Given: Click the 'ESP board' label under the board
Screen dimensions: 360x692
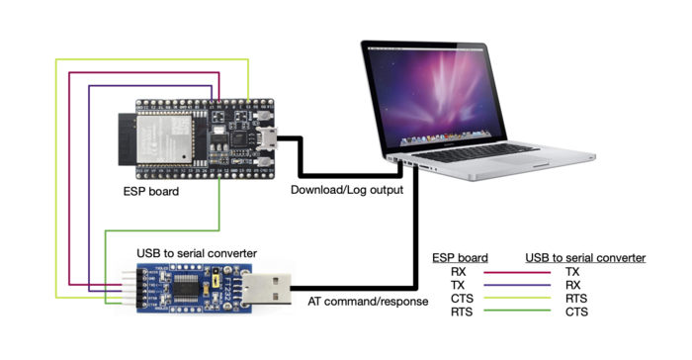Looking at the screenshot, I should point(150,191).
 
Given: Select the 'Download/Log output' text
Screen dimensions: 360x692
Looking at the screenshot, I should point(347,189).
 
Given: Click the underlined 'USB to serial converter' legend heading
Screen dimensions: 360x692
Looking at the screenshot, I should point(585,258).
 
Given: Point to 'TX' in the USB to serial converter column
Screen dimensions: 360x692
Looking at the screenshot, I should point(572,271).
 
